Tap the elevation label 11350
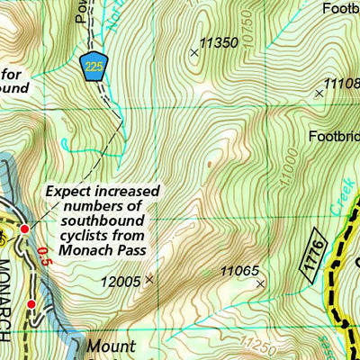pyautogui.click(x=219, y=42)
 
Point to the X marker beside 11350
pyautogui.click(x=194, y=53)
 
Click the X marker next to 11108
pyautogui.click(x=318, y=93)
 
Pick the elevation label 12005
pyautogui.click(x=121, y=281)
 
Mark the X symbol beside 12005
pyautogui.click(x=149, y=280)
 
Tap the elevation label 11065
pyautogui.click(x=239, y=270)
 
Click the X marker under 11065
pyautogui.click(x=261, y=283)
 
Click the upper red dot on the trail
pyautogui.click(x=25, y=229)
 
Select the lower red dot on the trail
pyautogui.click(x=31, y=304)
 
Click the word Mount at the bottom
pyautogui.click(x=112, y=346)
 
